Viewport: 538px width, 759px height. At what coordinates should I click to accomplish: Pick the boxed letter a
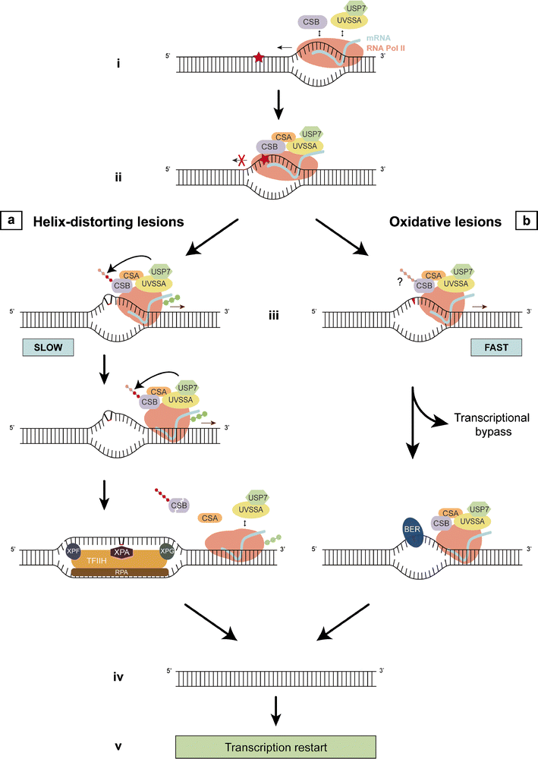(11, 222)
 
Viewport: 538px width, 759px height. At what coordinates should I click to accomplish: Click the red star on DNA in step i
(260, 58)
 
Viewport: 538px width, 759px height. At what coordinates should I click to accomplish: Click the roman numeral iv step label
(118, 672)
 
